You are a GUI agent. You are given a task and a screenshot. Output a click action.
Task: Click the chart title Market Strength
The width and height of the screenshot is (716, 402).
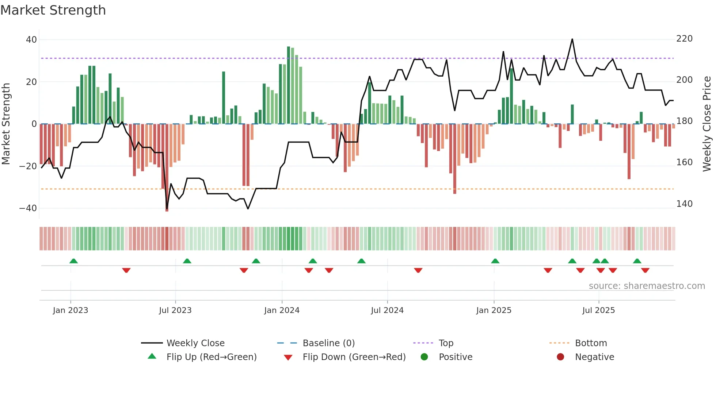click(x=53, y=10)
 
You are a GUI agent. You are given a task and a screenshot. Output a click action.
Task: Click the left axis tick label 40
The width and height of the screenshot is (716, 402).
click(x=31, y=39)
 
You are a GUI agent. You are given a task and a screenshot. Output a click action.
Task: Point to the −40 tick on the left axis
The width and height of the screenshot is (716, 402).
click(x=28, y=208)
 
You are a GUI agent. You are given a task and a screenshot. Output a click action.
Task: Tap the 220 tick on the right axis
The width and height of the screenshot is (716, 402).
click(x=684, y=39)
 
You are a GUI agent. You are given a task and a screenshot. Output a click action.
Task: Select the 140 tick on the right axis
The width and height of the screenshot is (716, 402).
click(x=684, y=204)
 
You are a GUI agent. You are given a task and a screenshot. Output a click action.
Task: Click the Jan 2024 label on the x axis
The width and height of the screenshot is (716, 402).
click(x=282, y=310)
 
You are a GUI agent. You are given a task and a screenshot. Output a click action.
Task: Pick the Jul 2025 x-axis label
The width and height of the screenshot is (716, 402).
click(x=598, y=310)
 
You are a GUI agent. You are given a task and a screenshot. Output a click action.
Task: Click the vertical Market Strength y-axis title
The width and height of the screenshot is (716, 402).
click(x=6, y=124)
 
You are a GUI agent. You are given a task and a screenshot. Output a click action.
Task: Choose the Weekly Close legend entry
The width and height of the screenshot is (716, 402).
click(x=195, y=343)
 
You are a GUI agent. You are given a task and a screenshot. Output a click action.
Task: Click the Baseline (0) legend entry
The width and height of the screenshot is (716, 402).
click(x=328, y=343)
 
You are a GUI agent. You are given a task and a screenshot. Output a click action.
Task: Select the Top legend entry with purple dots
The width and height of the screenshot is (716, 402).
click(x=446, y=343)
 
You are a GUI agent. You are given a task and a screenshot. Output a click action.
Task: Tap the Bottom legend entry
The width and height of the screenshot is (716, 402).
click(x=591, y=343)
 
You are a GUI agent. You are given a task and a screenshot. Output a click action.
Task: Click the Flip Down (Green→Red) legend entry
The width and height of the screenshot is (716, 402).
click(x=354, y=357)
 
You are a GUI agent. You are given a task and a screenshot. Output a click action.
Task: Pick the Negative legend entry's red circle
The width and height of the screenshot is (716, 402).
click(x=560, y=357)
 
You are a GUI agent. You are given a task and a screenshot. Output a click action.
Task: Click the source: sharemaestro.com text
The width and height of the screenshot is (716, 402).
click(x=647, y=286)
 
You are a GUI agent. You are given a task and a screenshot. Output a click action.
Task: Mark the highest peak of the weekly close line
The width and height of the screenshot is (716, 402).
click(x=572, y=39)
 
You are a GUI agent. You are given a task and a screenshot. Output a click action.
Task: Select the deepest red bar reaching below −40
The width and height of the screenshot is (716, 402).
click(x=167, y=168)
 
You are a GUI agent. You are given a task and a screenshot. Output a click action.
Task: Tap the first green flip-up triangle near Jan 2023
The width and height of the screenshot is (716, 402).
click(x=73, y=261)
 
